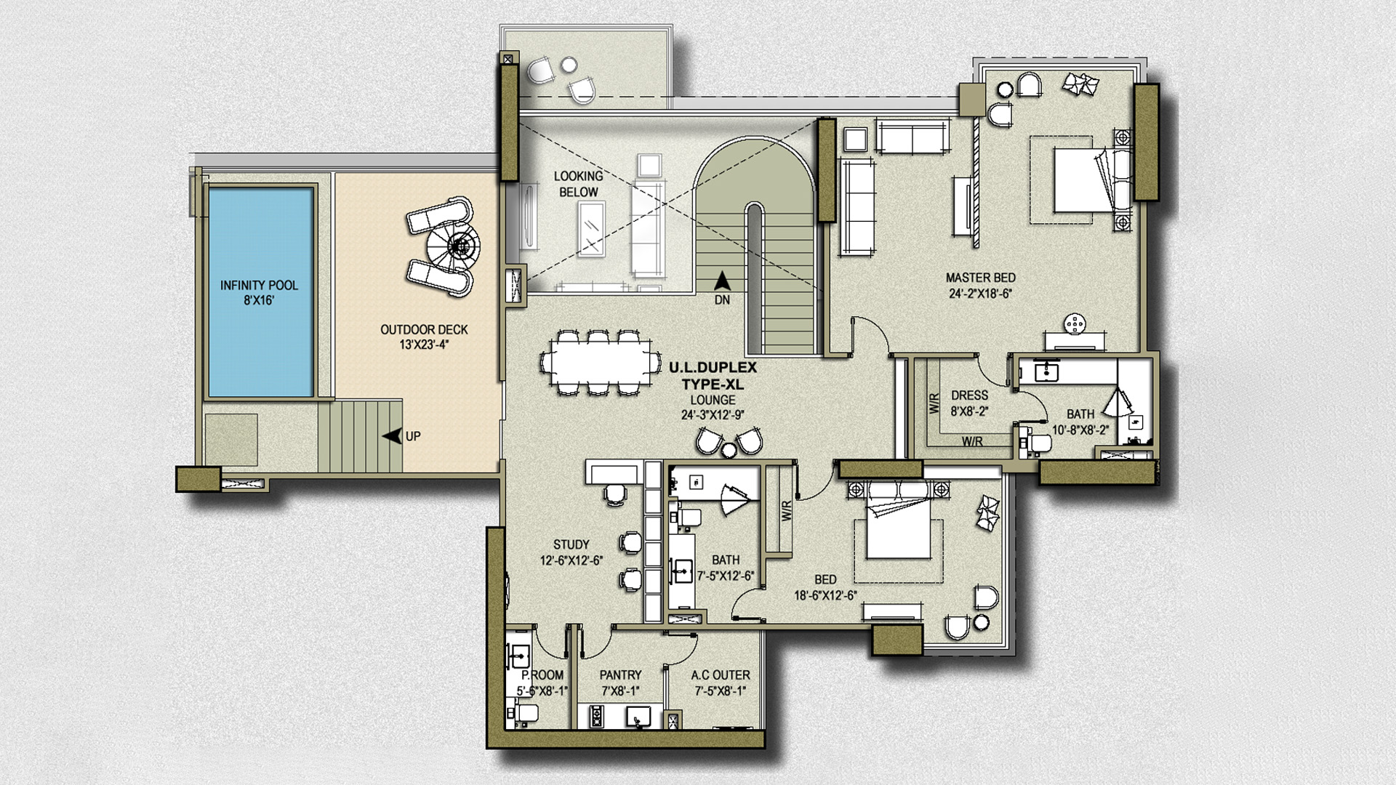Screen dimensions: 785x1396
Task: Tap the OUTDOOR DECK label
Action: pos(424,329)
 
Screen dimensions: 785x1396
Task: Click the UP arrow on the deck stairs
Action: pos(393,436)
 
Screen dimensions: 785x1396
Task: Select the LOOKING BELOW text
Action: pos(578,184)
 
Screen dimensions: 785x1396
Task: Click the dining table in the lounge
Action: pos(596,362)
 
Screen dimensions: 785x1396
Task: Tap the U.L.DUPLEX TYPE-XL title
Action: pos(713,376)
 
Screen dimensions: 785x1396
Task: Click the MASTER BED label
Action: pos(980,278)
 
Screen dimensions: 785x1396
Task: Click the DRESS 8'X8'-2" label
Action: pos(969,403)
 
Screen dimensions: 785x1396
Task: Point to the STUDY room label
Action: pos(571,544)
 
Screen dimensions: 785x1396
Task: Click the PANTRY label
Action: pos(620,675)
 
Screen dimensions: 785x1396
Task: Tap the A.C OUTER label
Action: pos(720,675)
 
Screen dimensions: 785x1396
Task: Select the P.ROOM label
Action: pos(542,675)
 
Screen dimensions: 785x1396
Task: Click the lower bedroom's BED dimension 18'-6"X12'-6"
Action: pos(825,595)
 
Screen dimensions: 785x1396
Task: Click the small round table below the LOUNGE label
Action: pos(729,450)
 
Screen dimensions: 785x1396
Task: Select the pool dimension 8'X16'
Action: pos(259,300)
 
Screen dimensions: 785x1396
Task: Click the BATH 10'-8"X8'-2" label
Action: pos(1080,422)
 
